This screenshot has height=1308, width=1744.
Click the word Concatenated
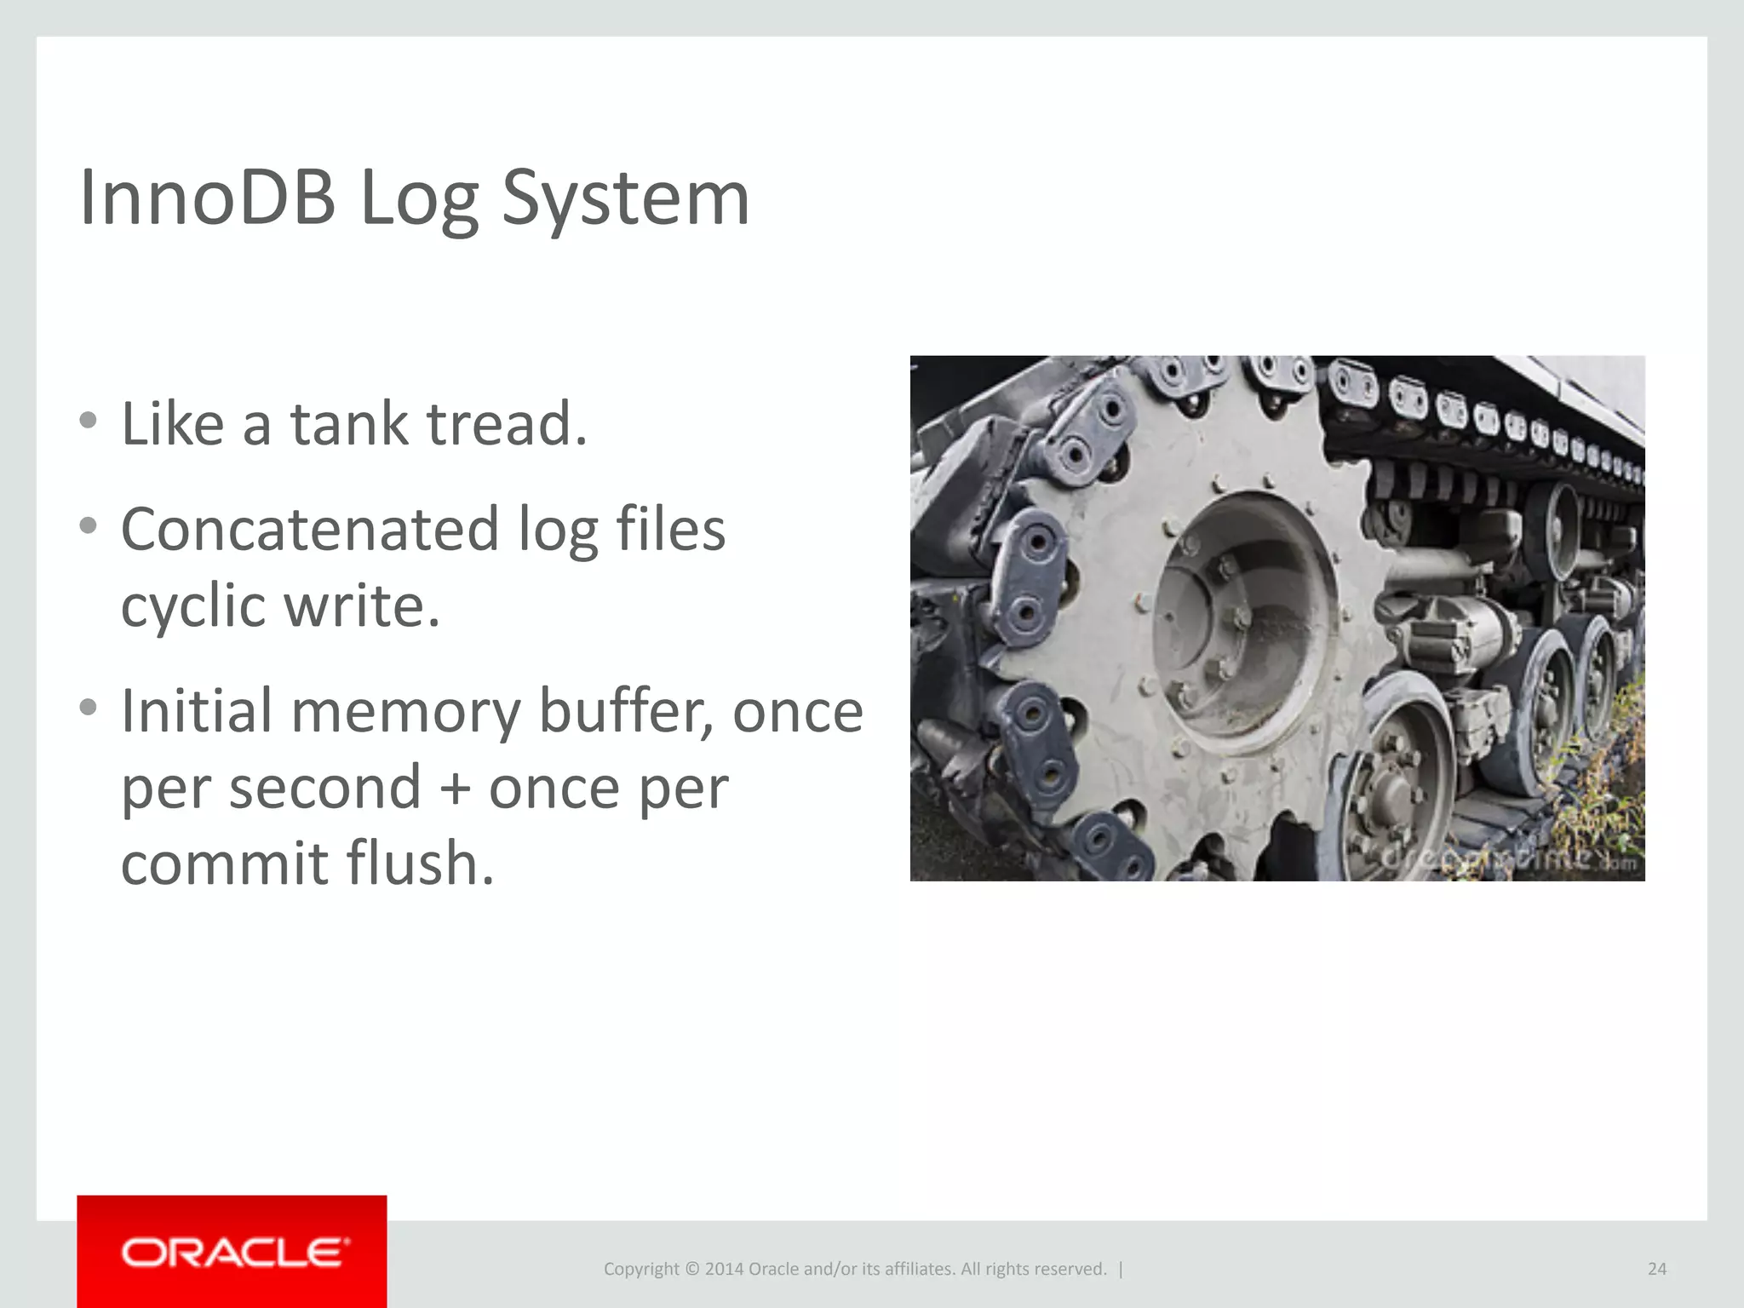[309, 529]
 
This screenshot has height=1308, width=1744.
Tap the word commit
[224, 863]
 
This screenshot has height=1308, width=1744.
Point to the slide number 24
[1656, 1269]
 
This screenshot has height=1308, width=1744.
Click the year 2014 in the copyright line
[724, 1269]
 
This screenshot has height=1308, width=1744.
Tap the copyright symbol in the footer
[691, 1269]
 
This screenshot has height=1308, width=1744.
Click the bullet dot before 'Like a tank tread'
[88, 420]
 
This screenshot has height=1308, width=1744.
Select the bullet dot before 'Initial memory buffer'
[88, 708]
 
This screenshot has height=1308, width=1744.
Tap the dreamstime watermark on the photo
[1507, 857]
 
